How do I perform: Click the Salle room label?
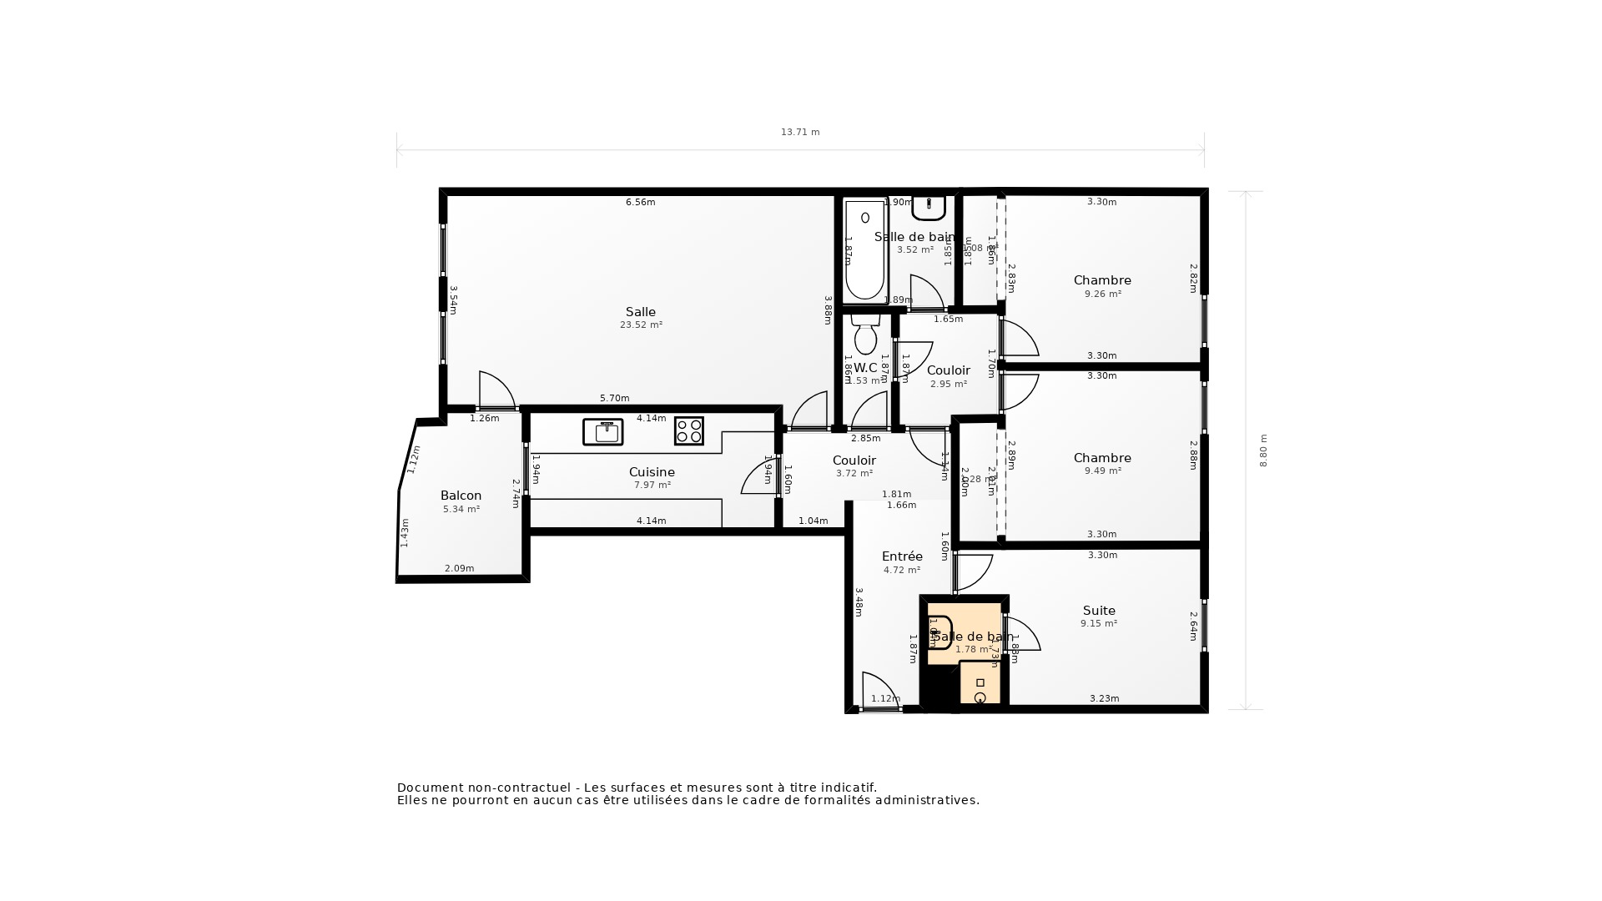point(640,312)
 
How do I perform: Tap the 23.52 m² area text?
point(640,325)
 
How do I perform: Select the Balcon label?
point(461,496)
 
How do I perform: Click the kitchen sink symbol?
point(602,431)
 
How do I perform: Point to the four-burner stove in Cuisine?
point(688,431)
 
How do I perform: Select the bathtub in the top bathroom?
point(864,250)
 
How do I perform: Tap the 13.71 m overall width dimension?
point(799,132)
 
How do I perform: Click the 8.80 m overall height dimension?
point(1263,450)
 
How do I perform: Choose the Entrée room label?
point(902,556)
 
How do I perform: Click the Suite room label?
point(1099,611)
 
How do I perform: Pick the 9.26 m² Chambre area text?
point(1102,294)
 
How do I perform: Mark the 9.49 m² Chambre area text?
point(1102,471)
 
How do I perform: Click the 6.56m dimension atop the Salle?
point(640,202)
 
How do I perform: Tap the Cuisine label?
point(652,472)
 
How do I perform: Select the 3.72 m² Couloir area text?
point(854,473)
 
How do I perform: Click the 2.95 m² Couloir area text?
point(948,384)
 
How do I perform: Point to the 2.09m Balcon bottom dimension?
point(459,568)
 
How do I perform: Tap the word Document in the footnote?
point(430,788)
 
